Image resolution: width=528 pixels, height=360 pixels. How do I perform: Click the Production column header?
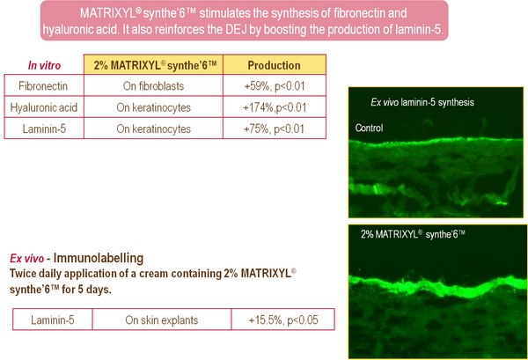pyautogui.click(x=274, y=64)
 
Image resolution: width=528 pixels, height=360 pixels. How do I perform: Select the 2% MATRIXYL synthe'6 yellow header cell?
pyautogui.click(x=153, y=64)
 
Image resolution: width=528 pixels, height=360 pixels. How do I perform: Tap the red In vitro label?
pyautogui.click(x=44, y=65)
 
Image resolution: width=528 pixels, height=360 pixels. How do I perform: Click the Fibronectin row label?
pyautogui.click(x=43, y=86)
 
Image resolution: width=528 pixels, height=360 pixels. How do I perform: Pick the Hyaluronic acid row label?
pyautogui.click(x=44, y=107)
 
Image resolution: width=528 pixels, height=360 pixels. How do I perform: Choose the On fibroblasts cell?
pyautogui.click(x=153, y=86)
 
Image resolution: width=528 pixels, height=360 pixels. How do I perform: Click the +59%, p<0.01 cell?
pyautogui.click(x=275, y=86)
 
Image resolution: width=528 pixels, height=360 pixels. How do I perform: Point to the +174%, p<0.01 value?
pyautogui.click(x=275, y=107)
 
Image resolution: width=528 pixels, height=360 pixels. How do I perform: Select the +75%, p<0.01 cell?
pyautogui.click(x=274, y=129)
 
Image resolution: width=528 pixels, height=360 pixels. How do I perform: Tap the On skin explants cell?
pyautogui.click(x=162, y=320)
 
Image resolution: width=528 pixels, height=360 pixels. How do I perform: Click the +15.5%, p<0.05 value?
pyautogui.click(x=283, y=320)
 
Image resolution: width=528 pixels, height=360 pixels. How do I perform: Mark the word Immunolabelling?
pyautogui.click(x=99, y=258)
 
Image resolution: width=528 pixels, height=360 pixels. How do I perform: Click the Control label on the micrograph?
pyautogui.click(x=369, y=128)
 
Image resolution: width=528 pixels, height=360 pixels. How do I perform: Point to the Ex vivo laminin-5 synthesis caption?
pyautogui.click(x=422, y=102)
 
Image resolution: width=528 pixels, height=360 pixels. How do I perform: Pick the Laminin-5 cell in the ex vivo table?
pyautogui.click(x=53, y=320)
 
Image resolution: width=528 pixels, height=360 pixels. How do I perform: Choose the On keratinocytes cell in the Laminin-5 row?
pyautogui.click(x=153, y=129)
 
